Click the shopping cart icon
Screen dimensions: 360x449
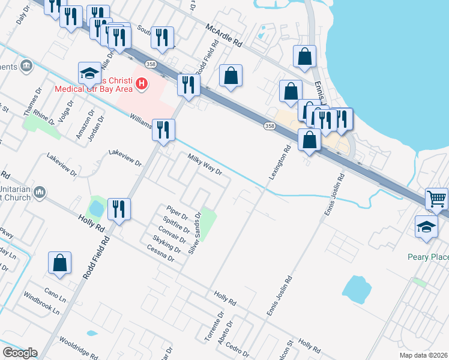pos(436,199)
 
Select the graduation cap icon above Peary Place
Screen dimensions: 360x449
pos(427,227)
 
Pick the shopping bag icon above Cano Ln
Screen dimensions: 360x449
pos(60,263)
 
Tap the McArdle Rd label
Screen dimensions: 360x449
pos(223,35)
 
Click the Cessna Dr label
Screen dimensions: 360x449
pos(162,254)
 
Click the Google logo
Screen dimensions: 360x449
pos(20,353)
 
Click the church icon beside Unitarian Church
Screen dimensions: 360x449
pos(40,193)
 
